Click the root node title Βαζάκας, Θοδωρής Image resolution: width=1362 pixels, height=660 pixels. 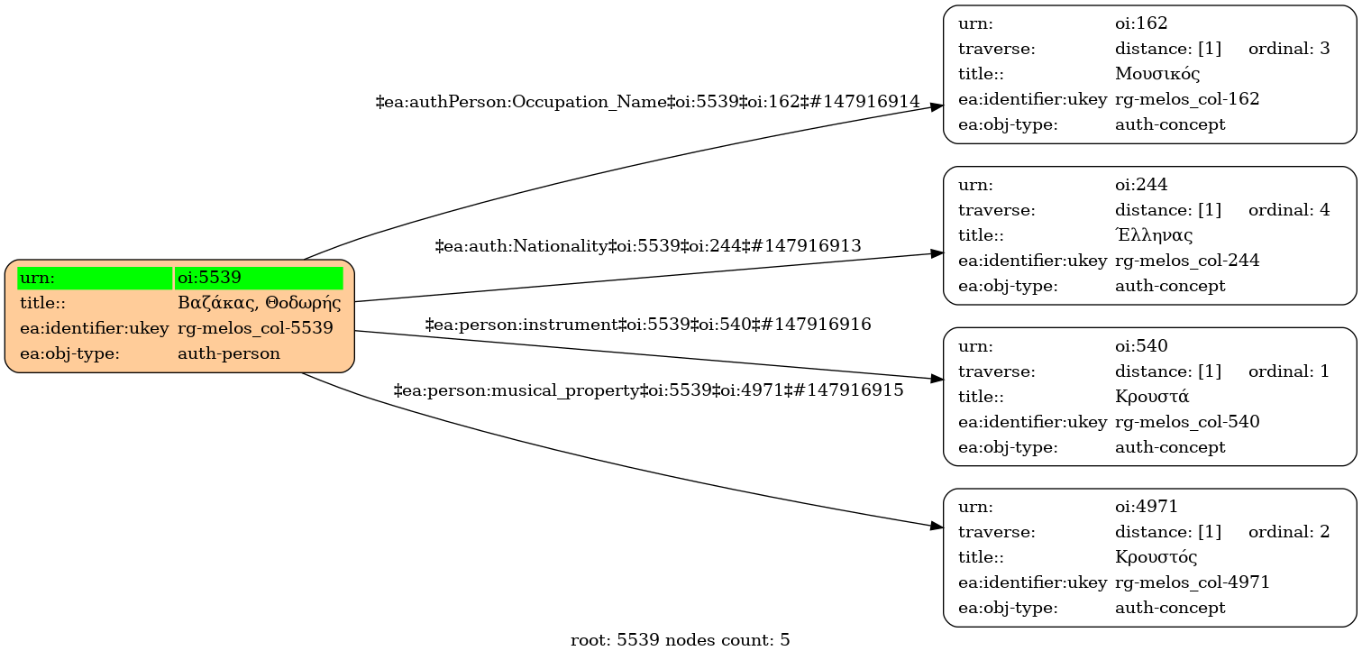click(259, 303)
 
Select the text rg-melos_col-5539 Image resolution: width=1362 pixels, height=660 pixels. click(255, 328)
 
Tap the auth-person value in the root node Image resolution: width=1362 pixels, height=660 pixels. click(229, 353)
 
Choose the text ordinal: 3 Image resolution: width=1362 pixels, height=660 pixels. click(1289, 49)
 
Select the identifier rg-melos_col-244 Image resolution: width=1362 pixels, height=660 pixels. click(1187, 261)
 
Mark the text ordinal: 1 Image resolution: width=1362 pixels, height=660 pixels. click(1289, 371)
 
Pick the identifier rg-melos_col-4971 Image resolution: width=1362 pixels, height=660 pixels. click(1193, 582)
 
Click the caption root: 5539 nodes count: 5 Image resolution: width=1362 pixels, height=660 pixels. click(681, 641)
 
